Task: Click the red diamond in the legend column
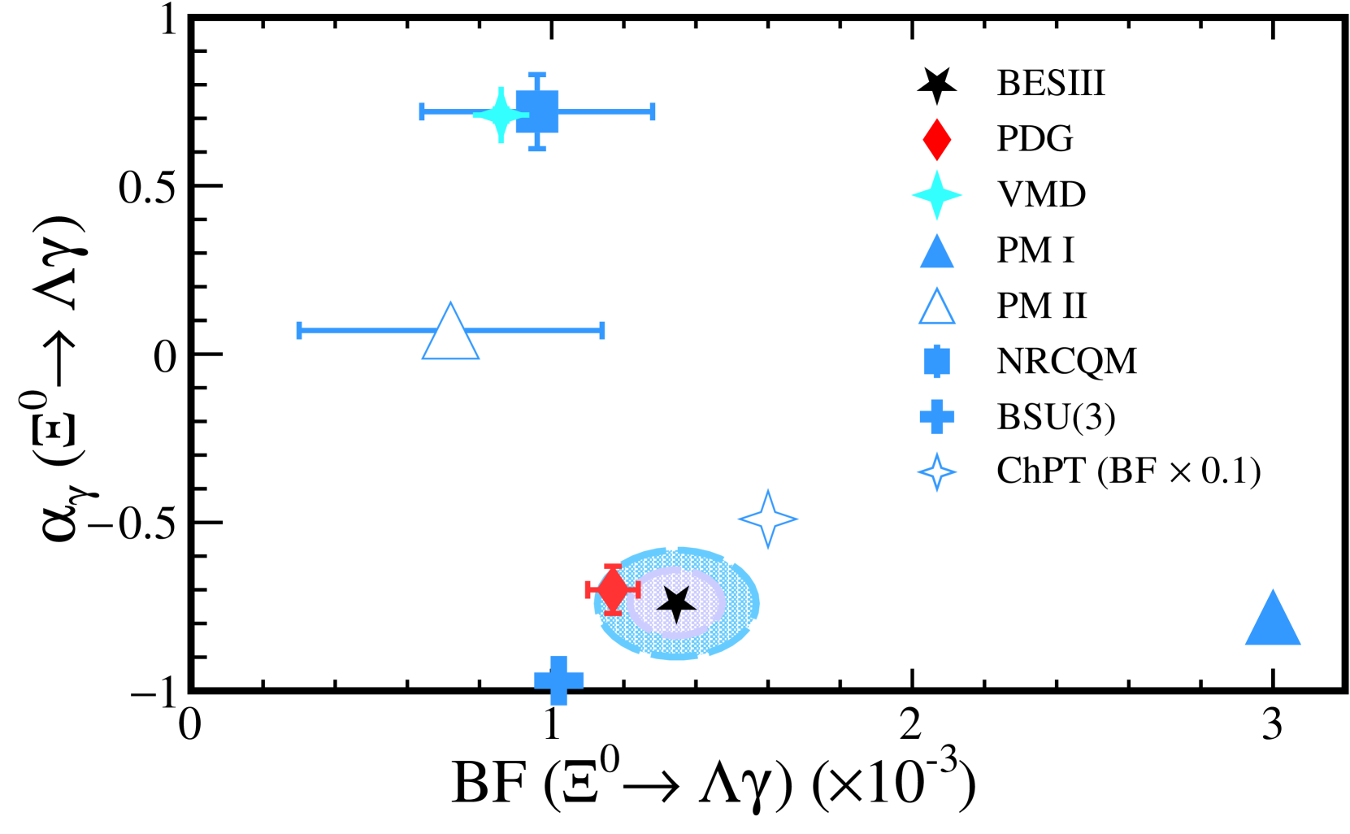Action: (x=937, y=140)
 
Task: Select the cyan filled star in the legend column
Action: (x=937, y=195)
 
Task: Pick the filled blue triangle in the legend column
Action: (x=937, y=253)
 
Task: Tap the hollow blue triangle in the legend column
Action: (x=937, y=308)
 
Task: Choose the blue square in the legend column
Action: (x=937, y=361)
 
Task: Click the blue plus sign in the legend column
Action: (x=937, y=416)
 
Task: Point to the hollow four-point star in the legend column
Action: (x=937, y=472)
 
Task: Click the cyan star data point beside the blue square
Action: (x=501, y=115)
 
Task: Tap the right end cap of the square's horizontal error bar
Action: (x=653, y=111)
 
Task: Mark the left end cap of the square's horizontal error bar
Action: (x=422, y=111)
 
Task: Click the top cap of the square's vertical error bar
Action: (x=537, y=75)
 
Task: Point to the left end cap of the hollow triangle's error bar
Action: (x=299, y=330)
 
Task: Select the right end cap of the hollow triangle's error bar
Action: (x=602, y=330)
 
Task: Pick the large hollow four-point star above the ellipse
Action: (x=768, y=519)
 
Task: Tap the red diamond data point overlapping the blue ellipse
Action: (x=613, y=589)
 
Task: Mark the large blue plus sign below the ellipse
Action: (x=559, y=680)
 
